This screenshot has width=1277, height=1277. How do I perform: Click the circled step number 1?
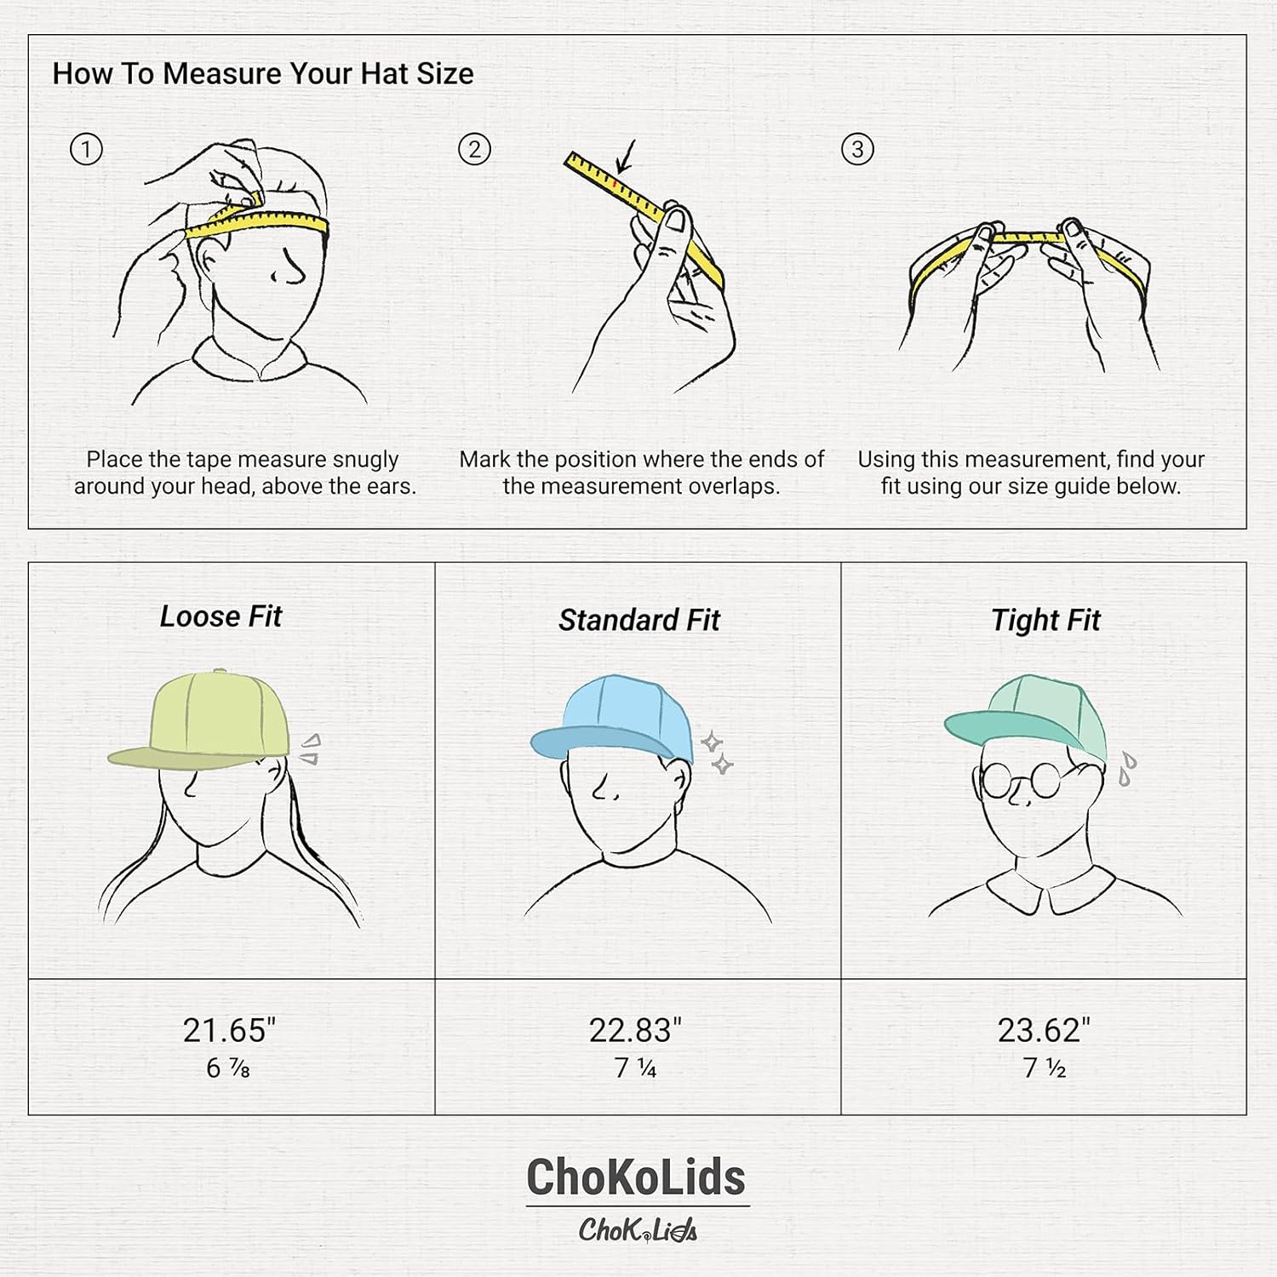point(86,150)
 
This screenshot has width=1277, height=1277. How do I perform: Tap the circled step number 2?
point(474,150)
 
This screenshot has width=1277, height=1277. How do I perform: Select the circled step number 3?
point(857,150)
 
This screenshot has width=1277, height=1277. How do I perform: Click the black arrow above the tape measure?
point(627,158)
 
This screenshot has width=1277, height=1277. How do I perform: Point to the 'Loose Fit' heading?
point(220,616)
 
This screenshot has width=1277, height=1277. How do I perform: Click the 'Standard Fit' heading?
point(639,620)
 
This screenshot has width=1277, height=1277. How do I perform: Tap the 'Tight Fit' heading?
point(1045,620)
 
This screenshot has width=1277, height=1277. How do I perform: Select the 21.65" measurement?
point(229,1030)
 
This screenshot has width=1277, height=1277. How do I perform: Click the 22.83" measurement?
point(635,1030)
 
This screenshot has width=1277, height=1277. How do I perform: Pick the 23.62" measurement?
point(1044,1030)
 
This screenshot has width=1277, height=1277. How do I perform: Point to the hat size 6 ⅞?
point(228,1068)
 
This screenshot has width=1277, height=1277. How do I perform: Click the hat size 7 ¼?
point(636,1068)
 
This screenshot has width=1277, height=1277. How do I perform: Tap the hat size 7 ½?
point(1045,1068)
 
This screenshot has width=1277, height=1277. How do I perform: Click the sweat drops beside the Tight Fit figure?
point(1127,769)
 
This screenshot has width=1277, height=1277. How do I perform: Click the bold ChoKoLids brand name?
point(636,1177)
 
